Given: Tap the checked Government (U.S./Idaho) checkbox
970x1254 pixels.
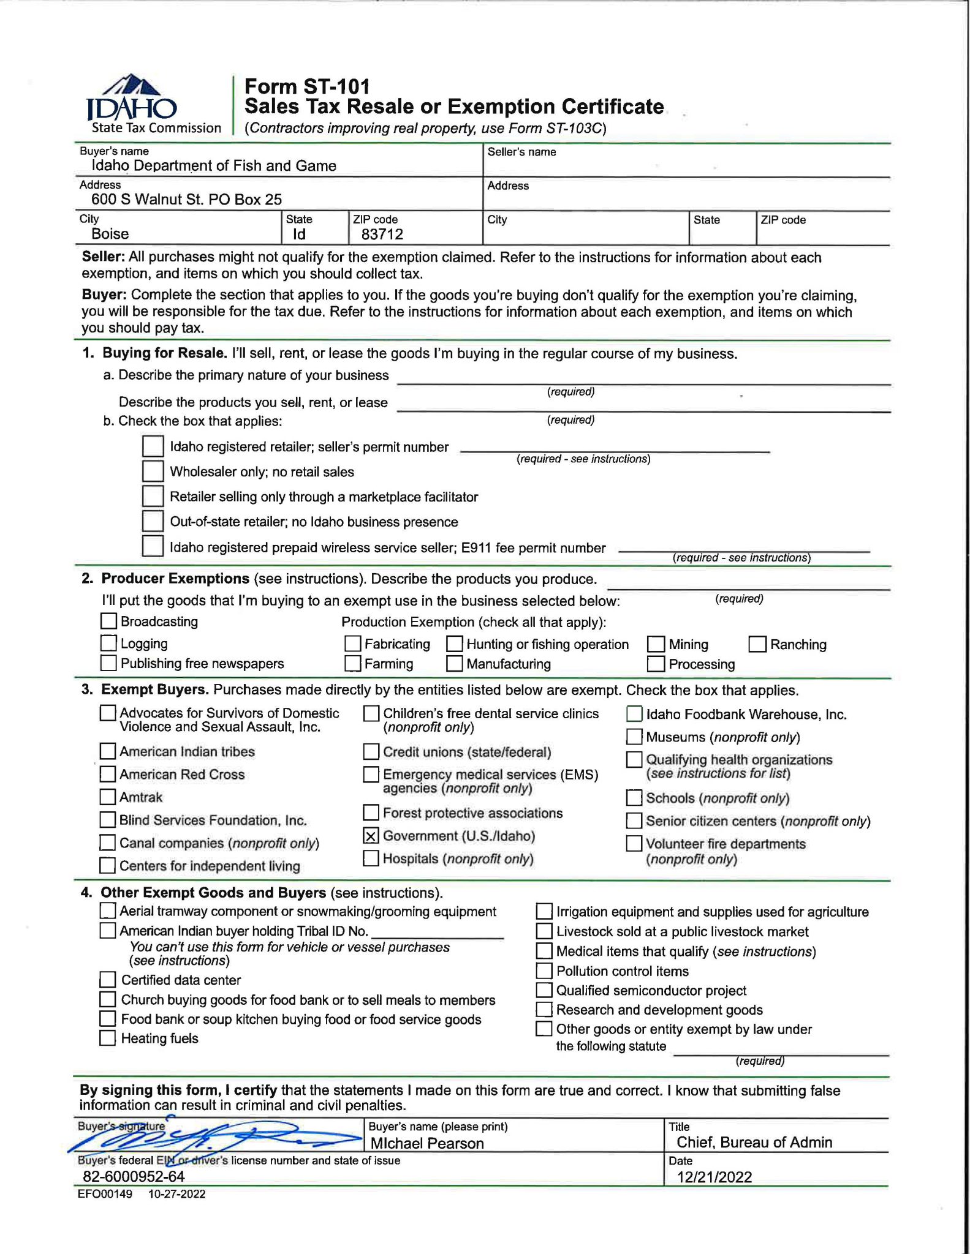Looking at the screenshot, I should pyautogui.click(x=371, y=836).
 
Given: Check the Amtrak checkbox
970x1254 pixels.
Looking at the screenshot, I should pyautogui.click(x=108, y=797).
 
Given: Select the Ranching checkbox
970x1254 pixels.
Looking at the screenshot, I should pyautogui.click(x=757, y=644).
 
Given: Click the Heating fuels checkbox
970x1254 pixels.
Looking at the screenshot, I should pyautogui.click(x=108, y=1038).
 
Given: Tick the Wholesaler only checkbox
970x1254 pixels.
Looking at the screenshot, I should pyautogui.click(x=153, y=471).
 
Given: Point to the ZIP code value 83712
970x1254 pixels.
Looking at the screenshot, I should pyautogui.click(x=382, y=234).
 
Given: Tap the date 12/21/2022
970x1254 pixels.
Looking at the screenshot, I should pyautogui.click(x=714, y=1177).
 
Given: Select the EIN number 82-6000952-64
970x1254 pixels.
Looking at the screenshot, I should pyautogui.click(x=134, y=1176).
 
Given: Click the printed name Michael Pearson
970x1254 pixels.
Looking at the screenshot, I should pyautogui.click(x=427, y=1143).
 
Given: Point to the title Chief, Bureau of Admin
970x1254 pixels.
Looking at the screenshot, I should pyautogui.click(x=754, y=1142).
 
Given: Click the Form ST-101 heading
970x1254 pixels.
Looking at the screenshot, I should pyautogui.click(x=307, y=86).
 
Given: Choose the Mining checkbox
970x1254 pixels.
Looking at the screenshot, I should pyautogui.click(x=656, y=644).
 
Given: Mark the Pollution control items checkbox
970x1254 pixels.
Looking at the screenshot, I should pyautogui.click(x=544, y=971).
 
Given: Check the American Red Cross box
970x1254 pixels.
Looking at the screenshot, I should pyautogui.click(x=108, y=774).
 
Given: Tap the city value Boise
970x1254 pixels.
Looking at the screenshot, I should pyautogui.click(x=110, y=234).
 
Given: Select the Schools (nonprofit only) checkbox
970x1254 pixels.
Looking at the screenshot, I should pyautogui.click(x=634, y=798).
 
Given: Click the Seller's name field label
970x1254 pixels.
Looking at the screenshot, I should pyautogui.click(x=521, y=152).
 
